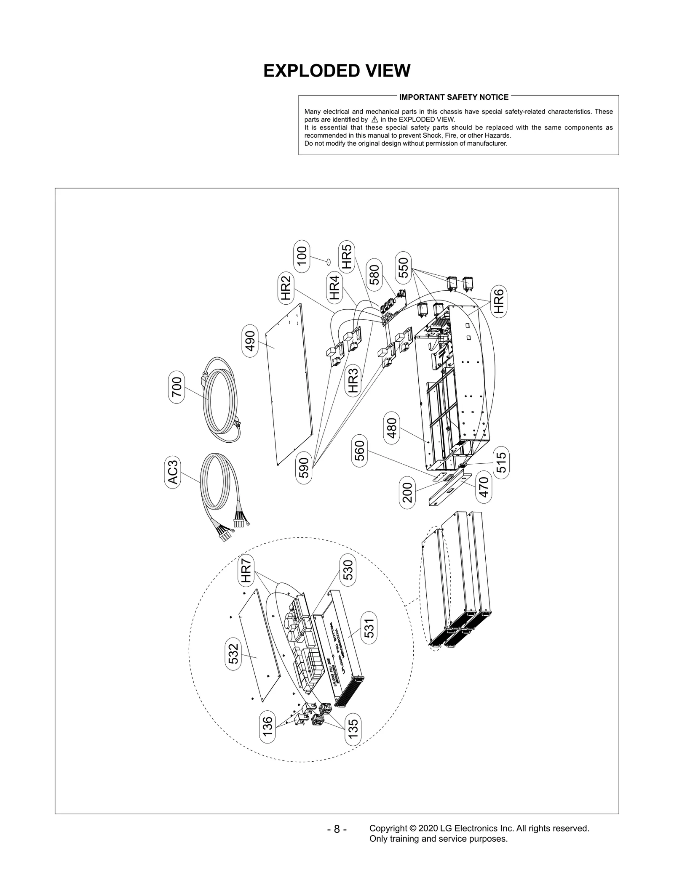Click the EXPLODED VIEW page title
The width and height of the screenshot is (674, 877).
coord(337,71)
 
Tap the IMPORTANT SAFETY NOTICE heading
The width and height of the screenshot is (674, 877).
coord(454,97)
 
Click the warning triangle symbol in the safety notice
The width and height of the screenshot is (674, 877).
coord(374,120)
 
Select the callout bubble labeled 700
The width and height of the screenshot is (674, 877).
coord(177,387)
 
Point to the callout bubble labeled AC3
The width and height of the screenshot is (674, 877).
coord(173,472)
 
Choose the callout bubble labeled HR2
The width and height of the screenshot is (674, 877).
coord(286,288)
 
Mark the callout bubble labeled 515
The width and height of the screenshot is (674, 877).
coord(501,462)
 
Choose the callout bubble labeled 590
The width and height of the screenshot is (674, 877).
coord(304,468)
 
